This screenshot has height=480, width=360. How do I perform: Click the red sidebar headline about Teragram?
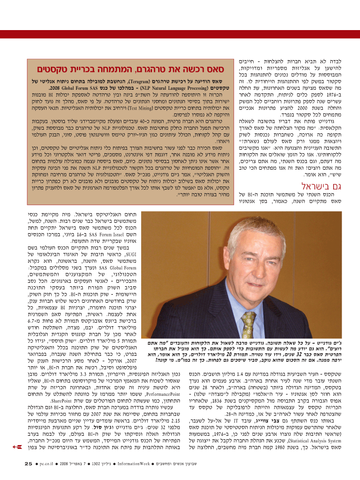[x=127, y=69]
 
